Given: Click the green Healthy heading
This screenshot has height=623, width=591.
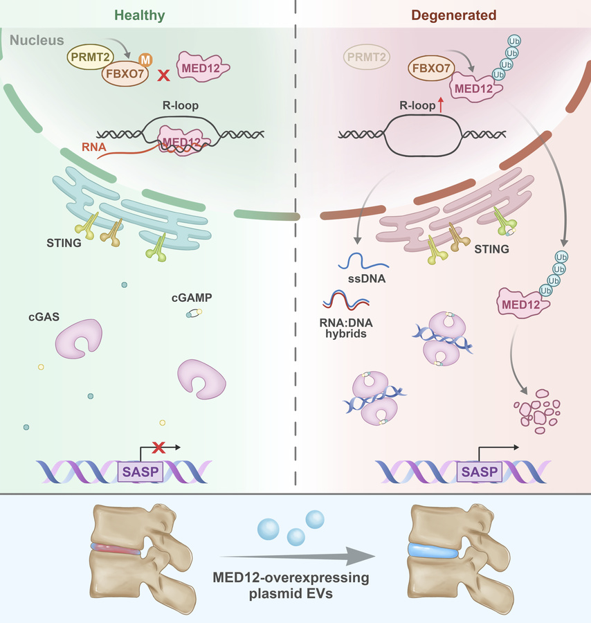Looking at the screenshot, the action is coord(139,15).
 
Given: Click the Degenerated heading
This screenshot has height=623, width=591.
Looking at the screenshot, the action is coord(453,15).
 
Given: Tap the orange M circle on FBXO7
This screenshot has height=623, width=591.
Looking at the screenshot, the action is coord(146,60).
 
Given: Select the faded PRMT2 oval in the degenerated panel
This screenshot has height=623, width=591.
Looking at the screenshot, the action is coord(367,57).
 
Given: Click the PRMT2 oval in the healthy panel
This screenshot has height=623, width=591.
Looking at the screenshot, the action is coord(90,57).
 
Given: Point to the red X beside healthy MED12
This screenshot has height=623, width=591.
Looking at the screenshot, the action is coord(163,75).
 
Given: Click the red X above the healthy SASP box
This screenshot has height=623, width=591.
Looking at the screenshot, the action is coord(158,447).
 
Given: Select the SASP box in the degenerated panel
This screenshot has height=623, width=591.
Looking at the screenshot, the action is coord(480,471).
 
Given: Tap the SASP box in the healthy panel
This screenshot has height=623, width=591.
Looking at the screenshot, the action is coord(140,471).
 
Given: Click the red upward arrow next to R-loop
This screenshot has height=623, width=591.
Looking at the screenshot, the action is coord(440,105).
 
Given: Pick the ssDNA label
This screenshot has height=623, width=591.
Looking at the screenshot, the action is coord(367,278).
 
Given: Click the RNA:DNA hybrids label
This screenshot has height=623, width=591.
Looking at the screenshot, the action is coord(346,328).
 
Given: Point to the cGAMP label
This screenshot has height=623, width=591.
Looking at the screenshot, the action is coord(192,298).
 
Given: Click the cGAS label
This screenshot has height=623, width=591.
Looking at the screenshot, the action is coord(44,316).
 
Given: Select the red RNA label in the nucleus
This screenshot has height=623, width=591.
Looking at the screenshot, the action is coord(93,147).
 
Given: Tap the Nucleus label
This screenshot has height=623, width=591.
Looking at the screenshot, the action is coord(37,40).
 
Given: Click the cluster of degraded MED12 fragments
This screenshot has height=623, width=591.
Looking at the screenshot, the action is coord(537,412).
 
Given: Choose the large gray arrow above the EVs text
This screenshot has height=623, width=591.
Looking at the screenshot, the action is coord(297,557).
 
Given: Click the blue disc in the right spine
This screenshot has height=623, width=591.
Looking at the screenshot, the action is coord(433,551).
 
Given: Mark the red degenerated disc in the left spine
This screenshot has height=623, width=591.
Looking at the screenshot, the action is coord(116,549).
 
